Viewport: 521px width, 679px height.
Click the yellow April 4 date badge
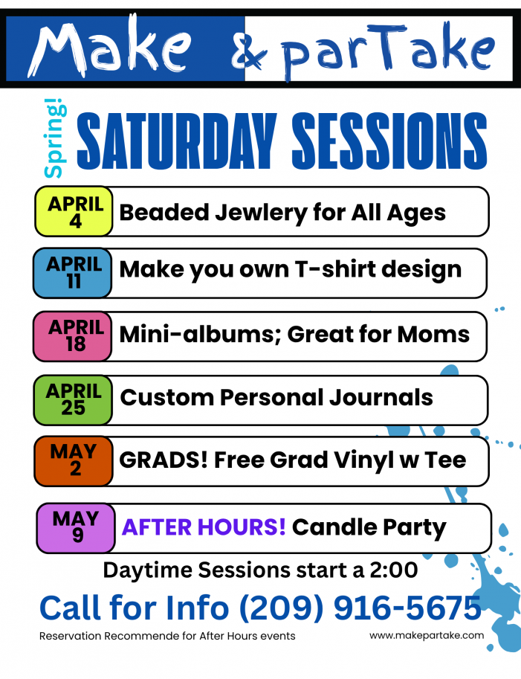pyautogui.click(x=74, y=212)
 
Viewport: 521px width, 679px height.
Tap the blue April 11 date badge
pyautogui.click(x=74, y=273)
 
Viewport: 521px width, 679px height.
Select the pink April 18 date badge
pyautogui.click(x=75, y=335)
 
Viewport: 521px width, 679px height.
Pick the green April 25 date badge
pyautogui.click(x=74, y=399)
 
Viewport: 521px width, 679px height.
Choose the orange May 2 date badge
pyautogui.click(x=73, y=460)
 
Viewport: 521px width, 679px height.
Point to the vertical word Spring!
pyautogui.click(x=54, y=141)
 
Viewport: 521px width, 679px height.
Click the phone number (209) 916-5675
pyautogui.click(x=360, y=608)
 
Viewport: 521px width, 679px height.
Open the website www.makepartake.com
pyautogui.click(x=426, y=635)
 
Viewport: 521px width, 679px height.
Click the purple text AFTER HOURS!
pyautogui.click(x=204, y=527)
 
